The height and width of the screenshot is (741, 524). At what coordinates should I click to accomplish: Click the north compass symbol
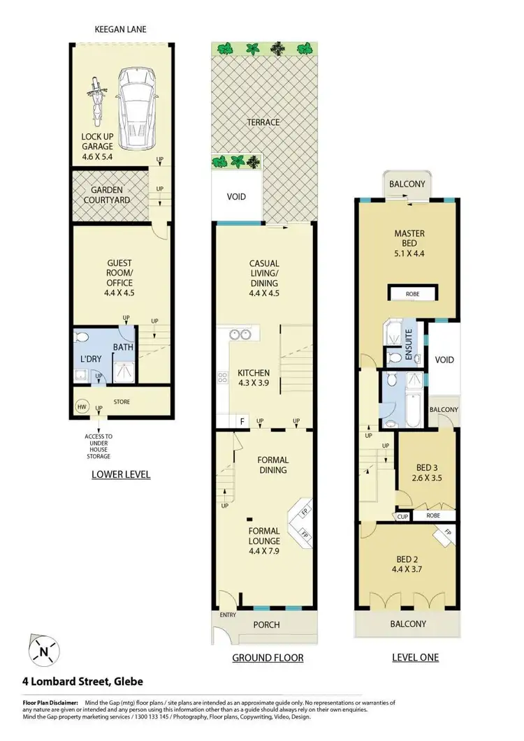pyautogui.click(x=43, y=652)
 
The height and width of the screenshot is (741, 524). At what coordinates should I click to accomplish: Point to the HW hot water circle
pyautogui.click(x=82, y=406)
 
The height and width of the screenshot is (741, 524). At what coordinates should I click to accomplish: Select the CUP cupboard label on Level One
pyautogui.click(x=403, y=516)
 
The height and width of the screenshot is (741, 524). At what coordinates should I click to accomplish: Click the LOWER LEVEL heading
pyautogui.click(x=121, y=475)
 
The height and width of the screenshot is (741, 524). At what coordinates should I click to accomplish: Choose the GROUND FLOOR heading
pyautogui.click(x=268, y=658)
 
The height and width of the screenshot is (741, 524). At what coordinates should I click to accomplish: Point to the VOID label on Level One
pyautogui.click(x=444, y=360)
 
